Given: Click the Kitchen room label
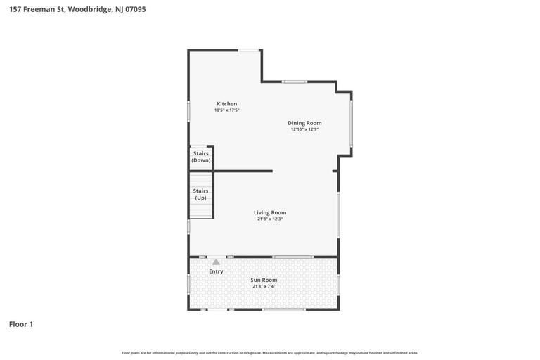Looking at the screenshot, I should point(226,104).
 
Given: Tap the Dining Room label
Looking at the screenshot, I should point(304,123).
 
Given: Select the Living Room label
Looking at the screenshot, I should point(270,212).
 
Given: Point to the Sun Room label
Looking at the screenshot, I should point(264,280).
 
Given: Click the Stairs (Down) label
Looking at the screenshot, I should point(201,157).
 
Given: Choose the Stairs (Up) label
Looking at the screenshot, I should point(200,194).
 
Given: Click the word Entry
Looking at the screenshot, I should point(216,271).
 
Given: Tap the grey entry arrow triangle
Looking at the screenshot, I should point(216,262).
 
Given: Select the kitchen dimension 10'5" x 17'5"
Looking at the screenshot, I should point(227,110).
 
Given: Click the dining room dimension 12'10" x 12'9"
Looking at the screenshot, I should point(304,129).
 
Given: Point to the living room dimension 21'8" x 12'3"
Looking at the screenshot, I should point(270,219).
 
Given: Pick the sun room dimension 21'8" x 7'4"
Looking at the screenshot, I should point(264,286).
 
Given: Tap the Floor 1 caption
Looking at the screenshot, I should point(21,324).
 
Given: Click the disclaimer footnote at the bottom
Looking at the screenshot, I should point(270,353).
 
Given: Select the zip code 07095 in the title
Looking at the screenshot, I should point(135,9).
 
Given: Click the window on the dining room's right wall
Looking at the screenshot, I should point(352,123).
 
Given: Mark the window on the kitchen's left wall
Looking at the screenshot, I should point(188,111).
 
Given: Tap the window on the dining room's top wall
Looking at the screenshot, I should point(295,82).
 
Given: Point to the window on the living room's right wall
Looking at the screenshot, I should point(338,214).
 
